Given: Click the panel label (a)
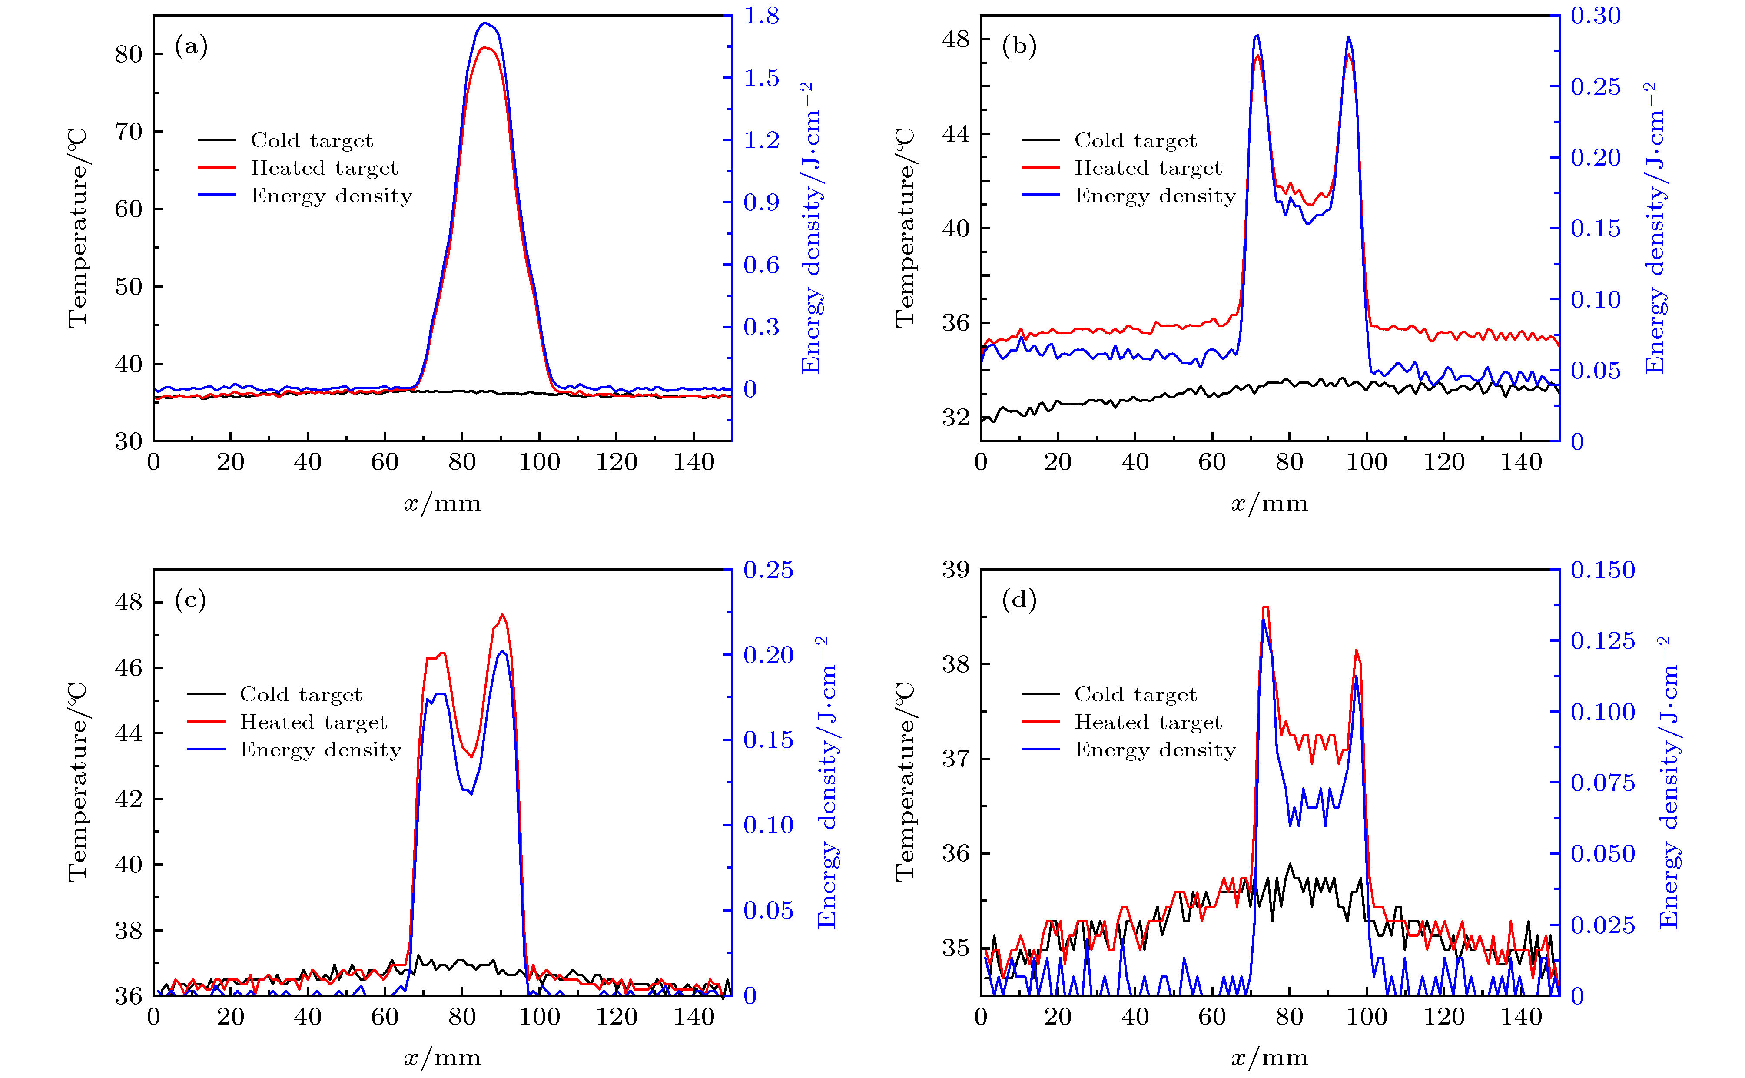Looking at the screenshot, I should [191, 47].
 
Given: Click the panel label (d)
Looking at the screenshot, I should [1018, 600].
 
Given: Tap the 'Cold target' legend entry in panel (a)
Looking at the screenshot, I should [312, 140].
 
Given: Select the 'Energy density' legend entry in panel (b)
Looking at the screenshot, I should [1155, 196].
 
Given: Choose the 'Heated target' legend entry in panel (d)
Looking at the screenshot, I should [1148, 722].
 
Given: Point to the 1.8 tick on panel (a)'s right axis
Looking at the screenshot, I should [761, 16].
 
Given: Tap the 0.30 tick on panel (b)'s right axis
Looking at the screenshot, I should [1595, 16].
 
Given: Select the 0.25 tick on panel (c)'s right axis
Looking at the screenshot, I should [768, 570].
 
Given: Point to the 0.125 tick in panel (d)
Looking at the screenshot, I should [1602, 640].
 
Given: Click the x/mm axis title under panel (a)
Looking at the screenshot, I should [442, 503].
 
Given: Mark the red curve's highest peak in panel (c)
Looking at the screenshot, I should [503, 614].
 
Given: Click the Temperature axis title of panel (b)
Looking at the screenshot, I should [905, 228].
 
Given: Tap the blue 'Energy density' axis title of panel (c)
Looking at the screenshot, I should [827, 782].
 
